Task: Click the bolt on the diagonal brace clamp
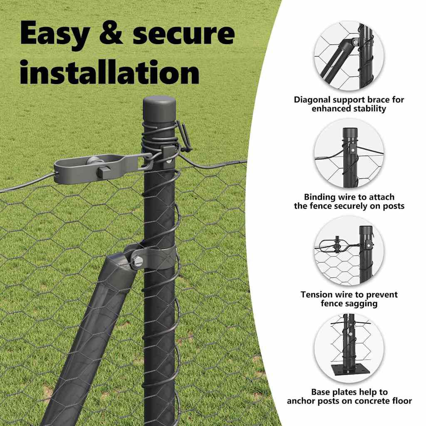139,261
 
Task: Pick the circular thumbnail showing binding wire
349,154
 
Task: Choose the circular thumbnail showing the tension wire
349,251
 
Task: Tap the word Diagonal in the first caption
314,100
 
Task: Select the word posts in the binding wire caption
393,206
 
